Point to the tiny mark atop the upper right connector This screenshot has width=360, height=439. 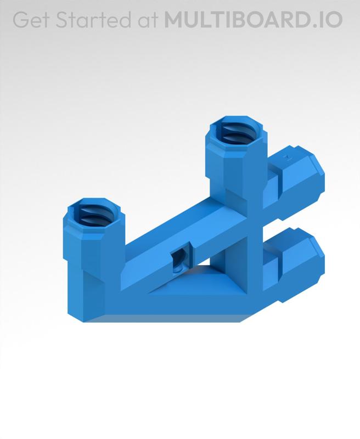pyautogui.click(x=285, y=157)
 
